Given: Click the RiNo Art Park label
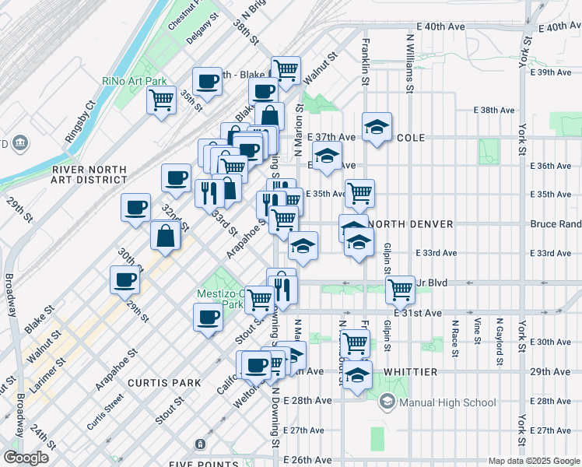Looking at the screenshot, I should point(135,81).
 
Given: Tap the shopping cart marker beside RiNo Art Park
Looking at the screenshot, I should point(161,100).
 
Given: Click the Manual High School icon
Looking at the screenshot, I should point(387,402).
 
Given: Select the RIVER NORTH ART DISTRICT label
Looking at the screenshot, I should point(89,174).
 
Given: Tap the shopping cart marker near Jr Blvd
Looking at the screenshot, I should point(400,290).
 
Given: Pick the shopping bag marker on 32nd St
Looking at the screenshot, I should point(167,236).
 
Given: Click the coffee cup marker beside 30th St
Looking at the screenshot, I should point(124,280).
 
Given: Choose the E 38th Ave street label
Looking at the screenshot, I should point(498,111).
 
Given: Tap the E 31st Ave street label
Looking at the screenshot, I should point(418,313).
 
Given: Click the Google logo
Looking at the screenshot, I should point(26,458).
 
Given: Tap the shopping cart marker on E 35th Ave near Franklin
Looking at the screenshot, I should point(359,193).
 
